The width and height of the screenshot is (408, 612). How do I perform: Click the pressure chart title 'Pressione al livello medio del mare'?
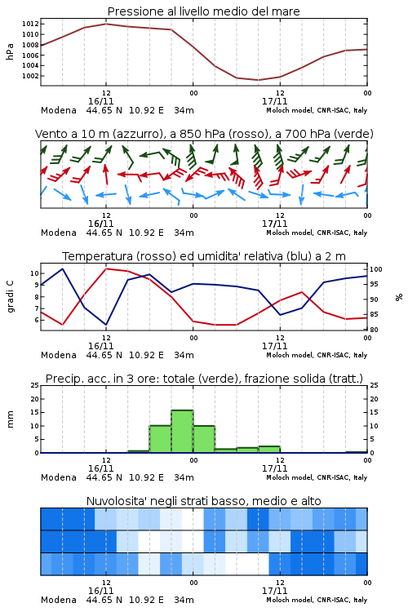[203, 11]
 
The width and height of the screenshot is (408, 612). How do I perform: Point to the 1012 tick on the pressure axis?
[30, 24]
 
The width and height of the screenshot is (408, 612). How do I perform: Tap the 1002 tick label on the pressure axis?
[30, 76]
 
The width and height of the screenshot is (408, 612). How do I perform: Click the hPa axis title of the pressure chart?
[10, 51]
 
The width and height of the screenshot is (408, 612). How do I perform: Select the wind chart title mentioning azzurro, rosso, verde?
[204, 134]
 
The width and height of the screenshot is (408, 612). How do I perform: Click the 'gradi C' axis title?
[11, 296]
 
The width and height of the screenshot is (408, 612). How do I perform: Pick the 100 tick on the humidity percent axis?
[376, 269]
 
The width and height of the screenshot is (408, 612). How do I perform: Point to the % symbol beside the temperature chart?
[399, 297]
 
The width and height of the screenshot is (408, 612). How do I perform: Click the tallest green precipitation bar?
[182, 432]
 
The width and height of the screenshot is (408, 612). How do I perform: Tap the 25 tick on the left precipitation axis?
[35, 385]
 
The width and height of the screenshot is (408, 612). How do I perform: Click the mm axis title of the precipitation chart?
[10, 419]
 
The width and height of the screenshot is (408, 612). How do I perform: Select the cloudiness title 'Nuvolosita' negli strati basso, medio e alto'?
[203, 501]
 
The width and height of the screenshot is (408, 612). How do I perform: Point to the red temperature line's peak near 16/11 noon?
[106, 268]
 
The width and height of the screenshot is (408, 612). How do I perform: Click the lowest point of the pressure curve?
[258, 80]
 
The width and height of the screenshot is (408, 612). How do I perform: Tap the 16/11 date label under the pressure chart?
[100, 101]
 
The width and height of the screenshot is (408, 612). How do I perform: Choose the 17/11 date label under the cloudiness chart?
[274, 591]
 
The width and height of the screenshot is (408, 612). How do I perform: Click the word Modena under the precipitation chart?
[59, 477]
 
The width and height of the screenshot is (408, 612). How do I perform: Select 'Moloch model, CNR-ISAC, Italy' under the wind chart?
[317, 233]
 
